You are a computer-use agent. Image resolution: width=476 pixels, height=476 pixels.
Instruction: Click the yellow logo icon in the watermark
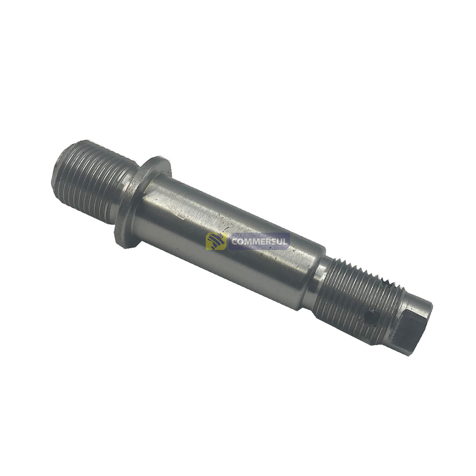tap(216, 242)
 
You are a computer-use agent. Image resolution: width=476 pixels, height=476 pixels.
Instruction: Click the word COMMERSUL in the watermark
tap(260, 242)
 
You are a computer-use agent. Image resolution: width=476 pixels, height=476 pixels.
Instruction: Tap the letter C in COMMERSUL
tap(235, 242)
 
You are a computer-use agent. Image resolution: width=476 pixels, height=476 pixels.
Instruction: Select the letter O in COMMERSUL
tap(242, 242)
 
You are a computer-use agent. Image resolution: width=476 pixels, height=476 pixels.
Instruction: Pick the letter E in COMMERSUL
tap(262, 242)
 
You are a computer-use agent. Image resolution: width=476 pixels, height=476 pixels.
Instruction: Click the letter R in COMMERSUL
tap(268, 242)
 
